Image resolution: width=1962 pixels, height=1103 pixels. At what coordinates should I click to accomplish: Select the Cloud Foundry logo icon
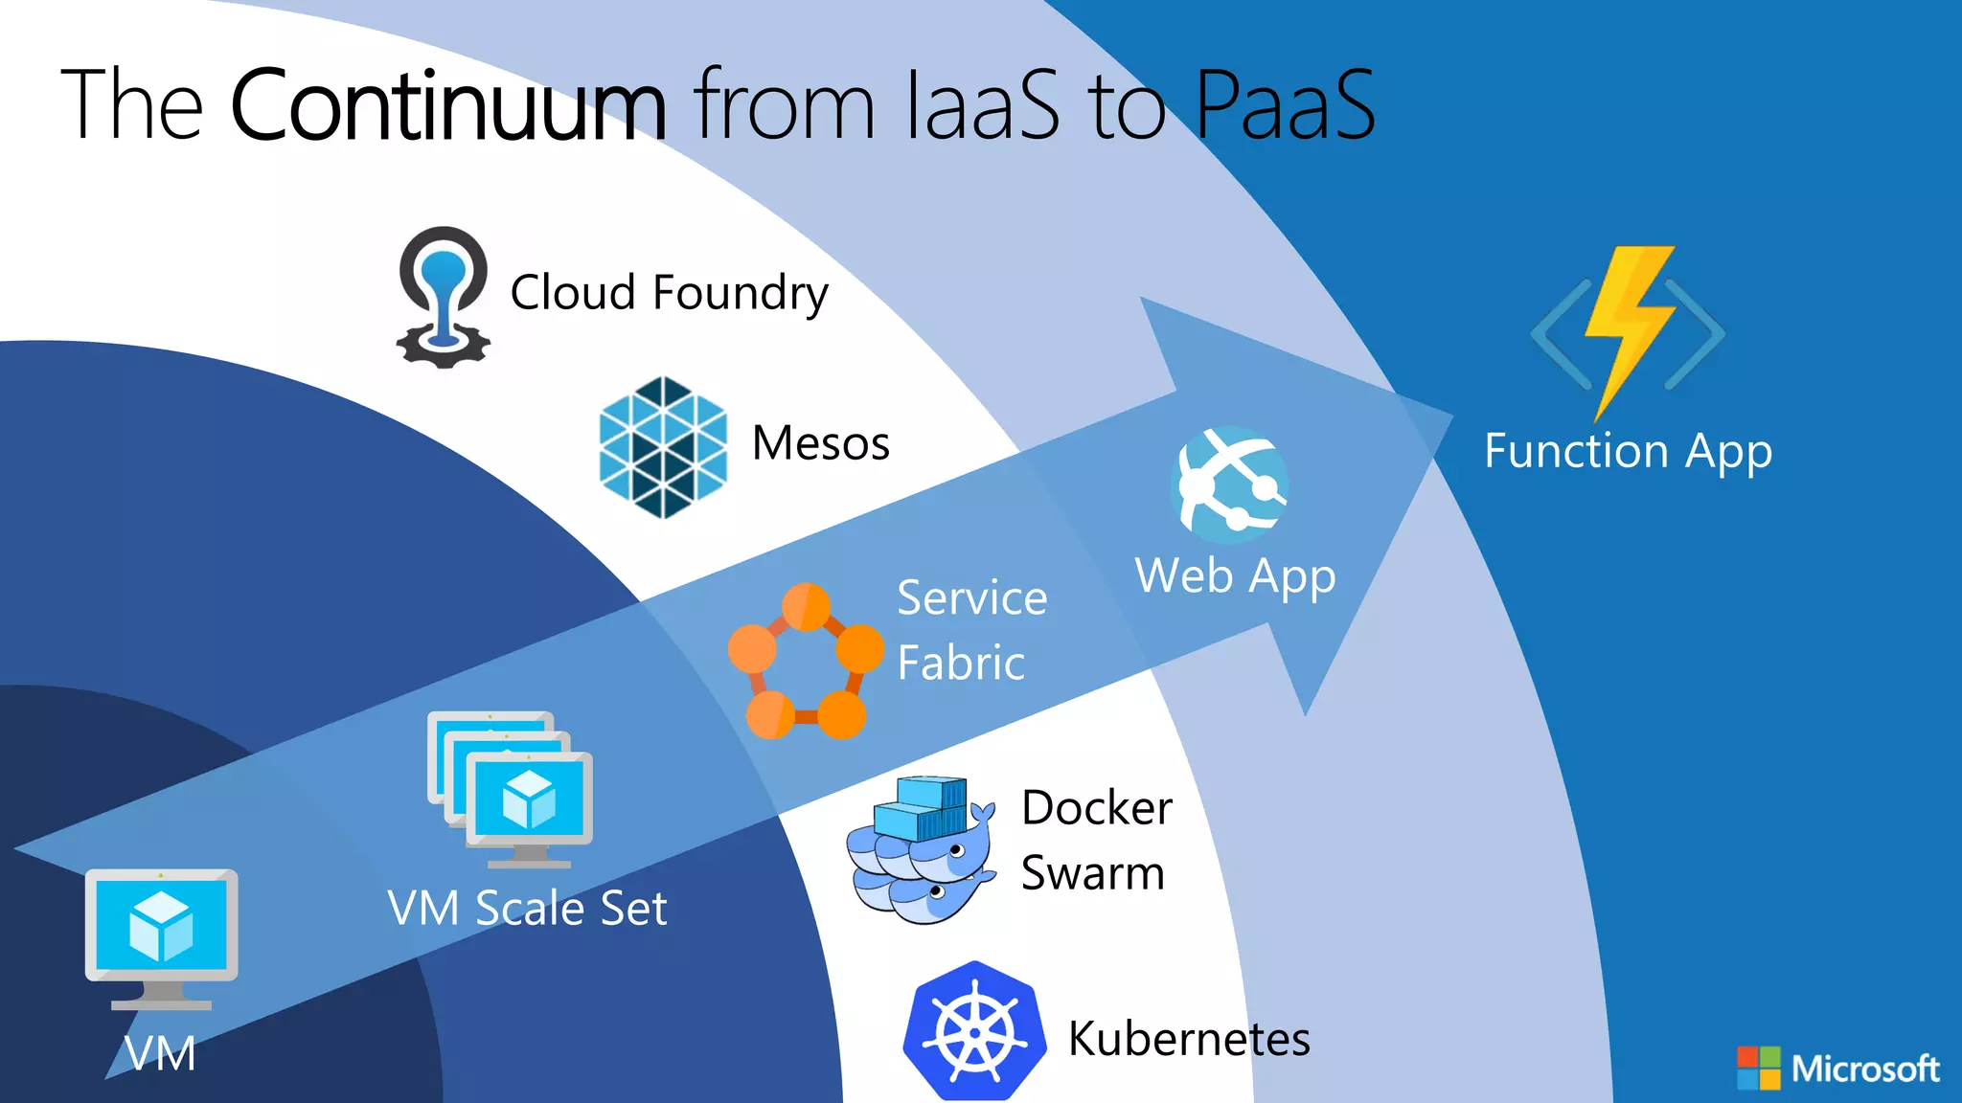[443, 297]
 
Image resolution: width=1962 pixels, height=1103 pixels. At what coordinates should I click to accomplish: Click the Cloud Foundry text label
[669, 292]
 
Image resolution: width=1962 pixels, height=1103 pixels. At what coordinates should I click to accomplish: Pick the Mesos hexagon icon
[663, 447]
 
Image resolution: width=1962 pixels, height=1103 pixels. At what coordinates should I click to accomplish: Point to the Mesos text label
[821, 443]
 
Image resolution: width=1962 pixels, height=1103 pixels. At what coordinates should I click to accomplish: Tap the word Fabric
[961, 663]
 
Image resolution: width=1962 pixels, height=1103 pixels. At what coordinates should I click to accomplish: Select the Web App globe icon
[1230, 484]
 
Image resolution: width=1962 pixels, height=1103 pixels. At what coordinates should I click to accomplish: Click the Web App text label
[1235, 576]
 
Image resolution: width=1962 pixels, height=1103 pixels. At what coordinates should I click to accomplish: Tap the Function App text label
[1628, 451]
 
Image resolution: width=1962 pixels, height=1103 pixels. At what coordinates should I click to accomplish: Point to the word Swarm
[1092, 873]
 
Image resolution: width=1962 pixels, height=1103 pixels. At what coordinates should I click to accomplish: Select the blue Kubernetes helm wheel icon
[974, 1032]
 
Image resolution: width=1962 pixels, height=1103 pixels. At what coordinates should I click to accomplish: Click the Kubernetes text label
[1189, 1039]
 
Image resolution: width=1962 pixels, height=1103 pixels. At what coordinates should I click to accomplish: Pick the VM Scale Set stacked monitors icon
[511, 790]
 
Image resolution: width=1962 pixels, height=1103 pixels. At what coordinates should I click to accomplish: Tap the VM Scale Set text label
[527, 908]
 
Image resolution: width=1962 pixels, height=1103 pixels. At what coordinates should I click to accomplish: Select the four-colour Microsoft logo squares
[1759, 1068]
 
